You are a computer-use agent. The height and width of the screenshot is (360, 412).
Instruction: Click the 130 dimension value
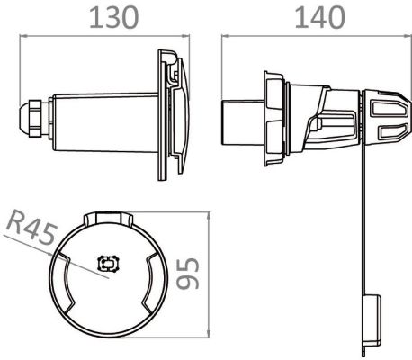click(114, 18)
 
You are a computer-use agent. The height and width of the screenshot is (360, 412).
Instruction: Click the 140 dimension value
click(319, 18)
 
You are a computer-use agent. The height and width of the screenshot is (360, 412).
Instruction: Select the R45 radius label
click(31, 228)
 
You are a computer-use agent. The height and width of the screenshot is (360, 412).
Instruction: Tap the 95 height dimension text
click(188, 274)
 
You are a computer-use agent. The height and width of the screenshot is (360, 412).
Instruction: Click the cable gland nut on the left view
click(34, 118)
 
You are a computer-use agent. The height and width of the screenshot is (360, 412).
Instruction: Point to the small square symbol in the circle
click(109, 264)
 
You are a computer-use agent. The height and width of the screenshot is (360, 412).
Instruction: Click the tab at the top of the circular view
click(108, 219)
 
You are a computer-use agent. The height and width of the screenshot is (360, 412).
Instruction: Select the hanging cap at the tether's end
click(372, 321)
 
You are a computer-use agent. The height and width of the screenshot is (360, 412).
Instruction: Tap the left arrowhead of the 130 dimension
click(23, 36)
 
